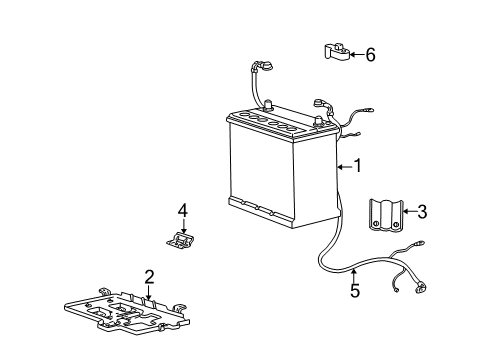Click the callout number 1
(x=358, y=166)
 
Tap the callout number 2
(x=149, y=277)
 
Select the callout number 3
(x=422, y=212)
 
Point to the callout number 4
(x=183, y=211)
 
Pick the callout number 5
(x=355, y=291)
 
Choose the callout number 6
(x=370, y=55)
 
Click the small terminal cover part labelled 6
(x=337, y=52)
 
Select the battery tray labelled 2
(x=127, y=311)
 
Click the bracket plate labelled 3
(x=386, y=216)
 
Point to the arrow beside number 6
(x=357, y=55)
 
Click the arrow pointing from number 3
(x=410, y=211)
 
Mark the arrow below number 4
(x=183, y=226)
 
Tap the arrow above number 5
(x=354, y=276)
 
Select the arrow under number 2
(x=149, y=292)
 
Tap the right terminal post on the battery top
(x=319, y=122)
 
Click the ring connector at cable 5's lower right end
(x=421, y=288)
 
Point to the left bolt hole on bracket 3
(x=376, y=224)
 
